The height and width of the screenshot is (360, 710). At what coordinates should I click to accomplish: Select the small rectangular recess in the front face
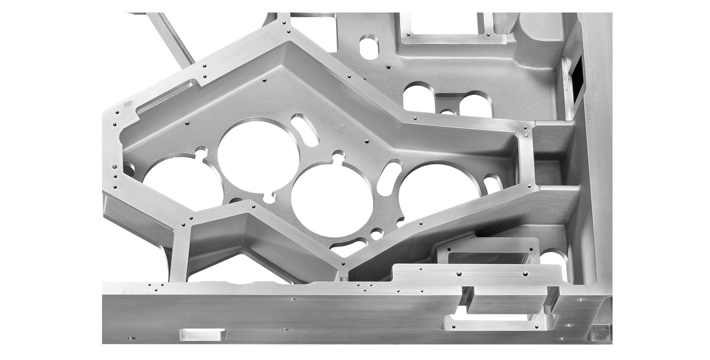(x=202, y=335)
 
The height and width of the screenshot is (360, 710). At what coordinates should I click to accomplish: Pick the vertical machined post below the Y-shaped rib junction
(x=179, y=254)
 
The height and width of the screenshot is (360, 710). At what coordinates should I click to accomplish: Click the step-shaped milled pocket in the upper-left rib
(x=167, y=98)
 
